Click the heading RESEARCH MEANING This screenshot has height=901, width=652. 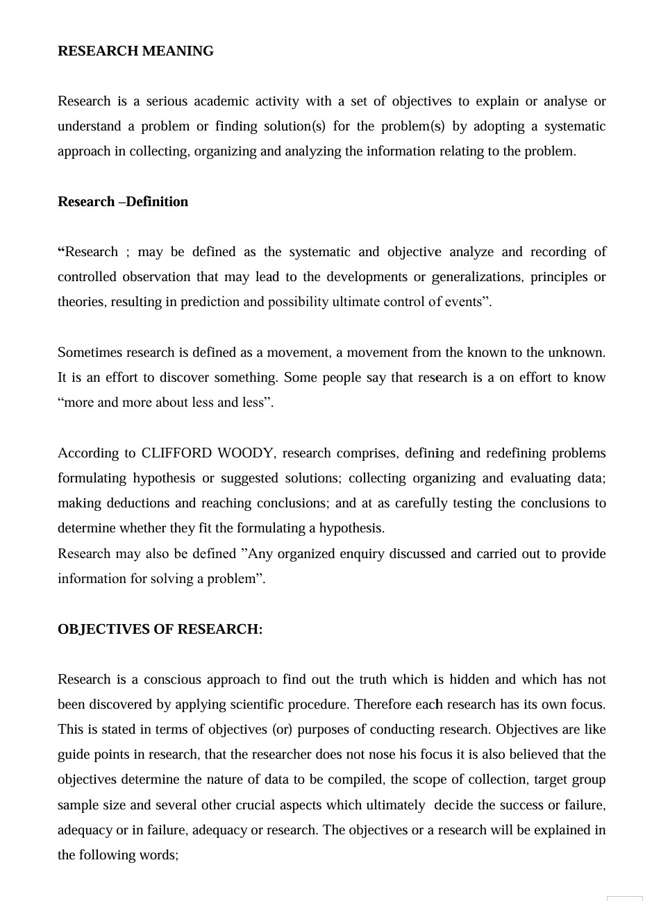pyautogui.click(x=135, y=51)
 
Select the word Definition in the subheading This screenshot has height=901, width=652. pyautogui.click(x=157, y=202)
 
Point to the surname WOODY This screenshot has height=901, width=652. pyautogui.click(x=245, y=453)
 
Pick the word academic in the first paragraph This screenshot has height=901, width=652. pyautogui.click(x=221, y=101)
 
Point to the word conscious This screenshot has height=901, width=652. pyautogui.click(x=172, y=680)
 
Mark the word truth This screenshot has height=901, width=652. pyautogui.click(x=373, y=680)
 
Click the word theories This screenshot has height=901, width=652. pyautogui.click(x=81, y=302)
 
